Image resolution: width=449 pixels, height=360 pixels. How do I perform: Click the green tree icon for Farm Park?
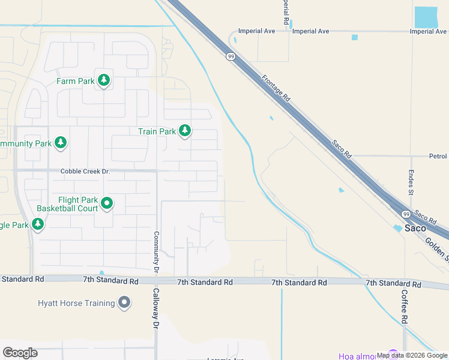pyautogui.click(x=104, y=80)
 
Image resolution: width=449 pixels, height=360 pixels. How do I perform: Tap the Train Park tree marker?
pyautogui.click(x=185, y=130)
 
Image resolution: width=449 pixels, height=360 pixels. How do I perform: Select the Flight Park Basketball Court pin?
pyautogui.click(x=107, y=204)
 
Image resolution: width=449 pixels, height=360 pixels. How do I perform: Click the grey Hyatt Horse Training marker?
pyautogui.click(x=124, y=302)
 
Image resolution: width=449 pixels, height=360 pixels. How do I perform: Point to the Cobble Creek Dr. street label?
pyautogui.click(x=86, y=172)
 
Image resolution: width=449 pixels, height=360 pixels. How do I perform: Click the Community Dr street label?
pyautogui.click(x=155, y=253)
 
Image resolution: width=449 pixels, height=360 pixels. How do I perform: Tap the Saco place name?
pyautogui.click(x=415, y=229)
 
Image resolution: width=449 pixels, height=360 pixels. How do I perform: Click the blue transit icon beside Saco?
pyautogui.click(x=397, y=229)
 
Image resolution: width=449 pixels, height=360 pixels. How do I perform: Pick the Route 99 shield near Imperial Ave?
pyautogui.click(x=231, y=56)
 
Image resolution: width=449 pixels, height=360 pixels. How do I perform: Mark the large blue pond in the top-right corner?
pyautogui.click(x=426, y=17)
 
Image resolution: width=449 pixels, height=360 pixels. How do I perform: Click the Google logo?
pyautogui.click(x=20, y=352)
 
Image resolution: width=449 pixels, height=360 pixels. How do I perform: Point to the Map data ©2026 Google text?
pyautogui.click(x=412, y=355)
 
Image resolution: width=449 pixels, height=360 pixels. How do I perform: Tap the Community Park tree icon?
pyautogui.click(x=60, y=143)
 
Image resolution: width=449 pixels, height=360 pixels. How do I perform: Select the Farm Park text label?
pyautogui.click(x=75, y=80)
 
